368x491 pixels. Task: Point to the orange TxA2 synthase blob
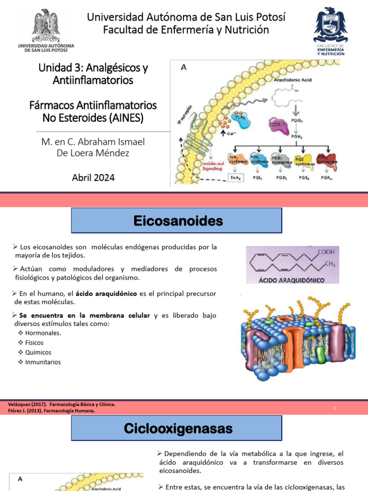pos(238,160)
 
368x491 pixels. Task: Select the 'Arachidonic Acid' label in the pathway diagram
pos(293,80)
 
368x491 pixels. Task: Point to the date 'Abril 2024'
pos(93,177)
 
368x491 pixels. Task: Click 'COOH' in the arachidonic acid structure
pos(326,252)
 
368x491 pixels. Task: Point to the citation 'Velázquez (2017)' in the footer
pos(27,404)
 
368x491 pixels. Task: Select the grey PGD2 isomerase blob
pos(279,160)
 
